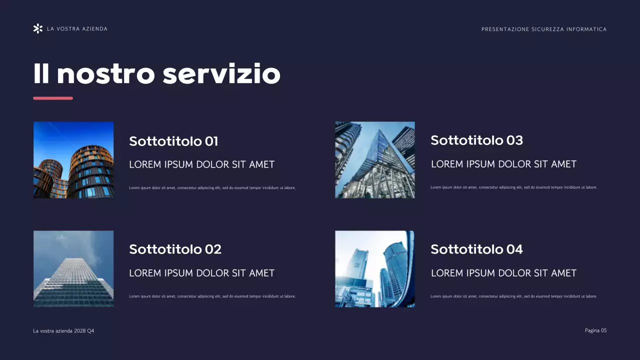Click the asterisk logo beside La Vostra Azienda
pyautogui.click(x=37, y=29)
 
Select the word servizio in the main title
pyautogui.click(x=221, y=74)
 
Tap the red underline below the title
pyautogui.click(x=53, y=98)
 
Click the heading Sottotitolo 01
pyautogui.click(x=173, y=141)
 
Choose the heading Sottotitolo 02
pyautogui.click(x=175, y=249)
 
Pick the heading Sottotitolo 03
pyautogui.click(x=476, y=140)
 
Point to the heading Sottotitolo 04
pyautogui.click(x=476, y=249)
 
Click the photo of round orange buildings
pyautogui.click(x=73, y=160)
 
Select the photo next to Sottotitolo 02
pyautogui.click(x=73, y=269)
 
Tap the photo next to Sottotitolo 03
pyautogui.click(x=374, y=160)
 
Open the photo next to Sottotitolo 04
pyautogui.click(x=374, y=269)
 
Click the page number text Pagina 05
pyautogui.click(x=595, y=330)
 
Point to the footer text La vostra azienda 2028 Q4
pyautogui.click(x=63, y=331)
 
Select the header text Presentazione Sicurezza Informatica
pyautogui.click(x=544, y=29)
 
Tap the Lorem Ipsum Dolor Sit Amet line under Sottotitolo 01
pyautogui.click(x=201, y=164)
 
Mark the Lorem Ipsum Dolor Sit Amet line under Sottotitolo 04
pyautogui.click(x=503, y=273)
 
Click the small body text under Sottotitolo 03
pyautogui.click(x=513, y=187)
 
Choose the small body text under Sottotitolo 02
pyautogui.click(x=212, y=296)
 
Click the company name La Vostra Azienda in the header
pyautogui.click(x=77, y=29)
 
